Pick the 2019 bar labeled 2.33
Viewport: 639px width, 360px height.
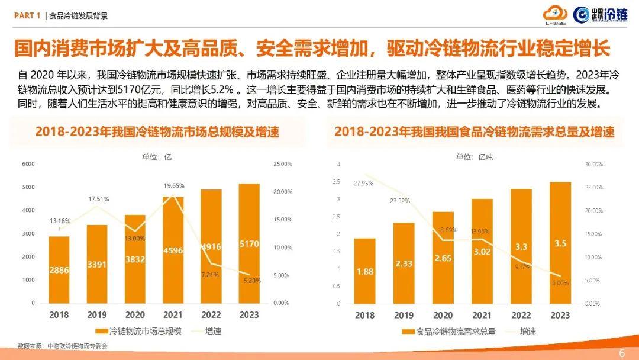pos(405,263)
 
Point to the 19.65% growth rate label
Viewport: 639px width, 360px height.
pos(173,186)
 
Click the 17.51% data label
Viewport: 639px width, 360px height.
pos(98,199)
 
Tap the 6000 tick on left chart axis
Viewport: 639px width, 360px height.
pos(28,164)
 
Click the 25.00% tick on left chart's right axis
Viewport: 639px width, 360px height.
pos(282,164)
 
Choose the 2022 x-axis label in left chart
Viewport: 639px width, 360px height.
pos(211,315)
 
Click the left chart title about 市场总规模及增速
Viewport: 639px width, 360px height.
pos(157,131)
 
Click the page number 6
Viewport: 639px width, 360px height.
pos(622,353)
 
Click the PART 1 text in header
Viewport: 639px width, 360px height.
pos(27,16)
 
